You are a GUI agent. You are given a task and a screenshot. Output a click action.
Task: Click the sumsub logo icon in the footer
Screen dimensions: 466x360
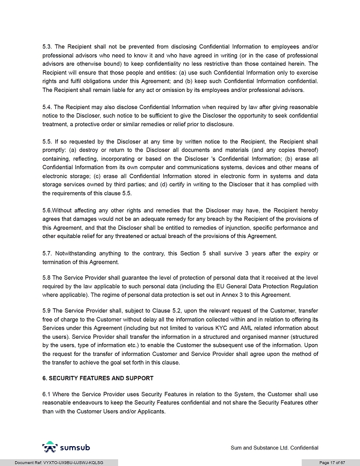[49, 447]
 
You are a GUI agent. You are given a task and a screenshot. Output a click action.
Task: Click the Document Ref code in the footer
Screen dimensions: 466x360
[59, 462]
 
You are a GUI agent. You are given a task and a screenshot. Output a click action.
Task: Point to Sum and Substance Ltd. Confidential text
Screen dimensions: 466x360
[274, 448]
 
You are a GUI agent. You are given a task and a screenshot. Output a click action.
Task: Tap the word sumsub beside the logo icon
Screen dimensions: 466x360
[75, 447]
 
